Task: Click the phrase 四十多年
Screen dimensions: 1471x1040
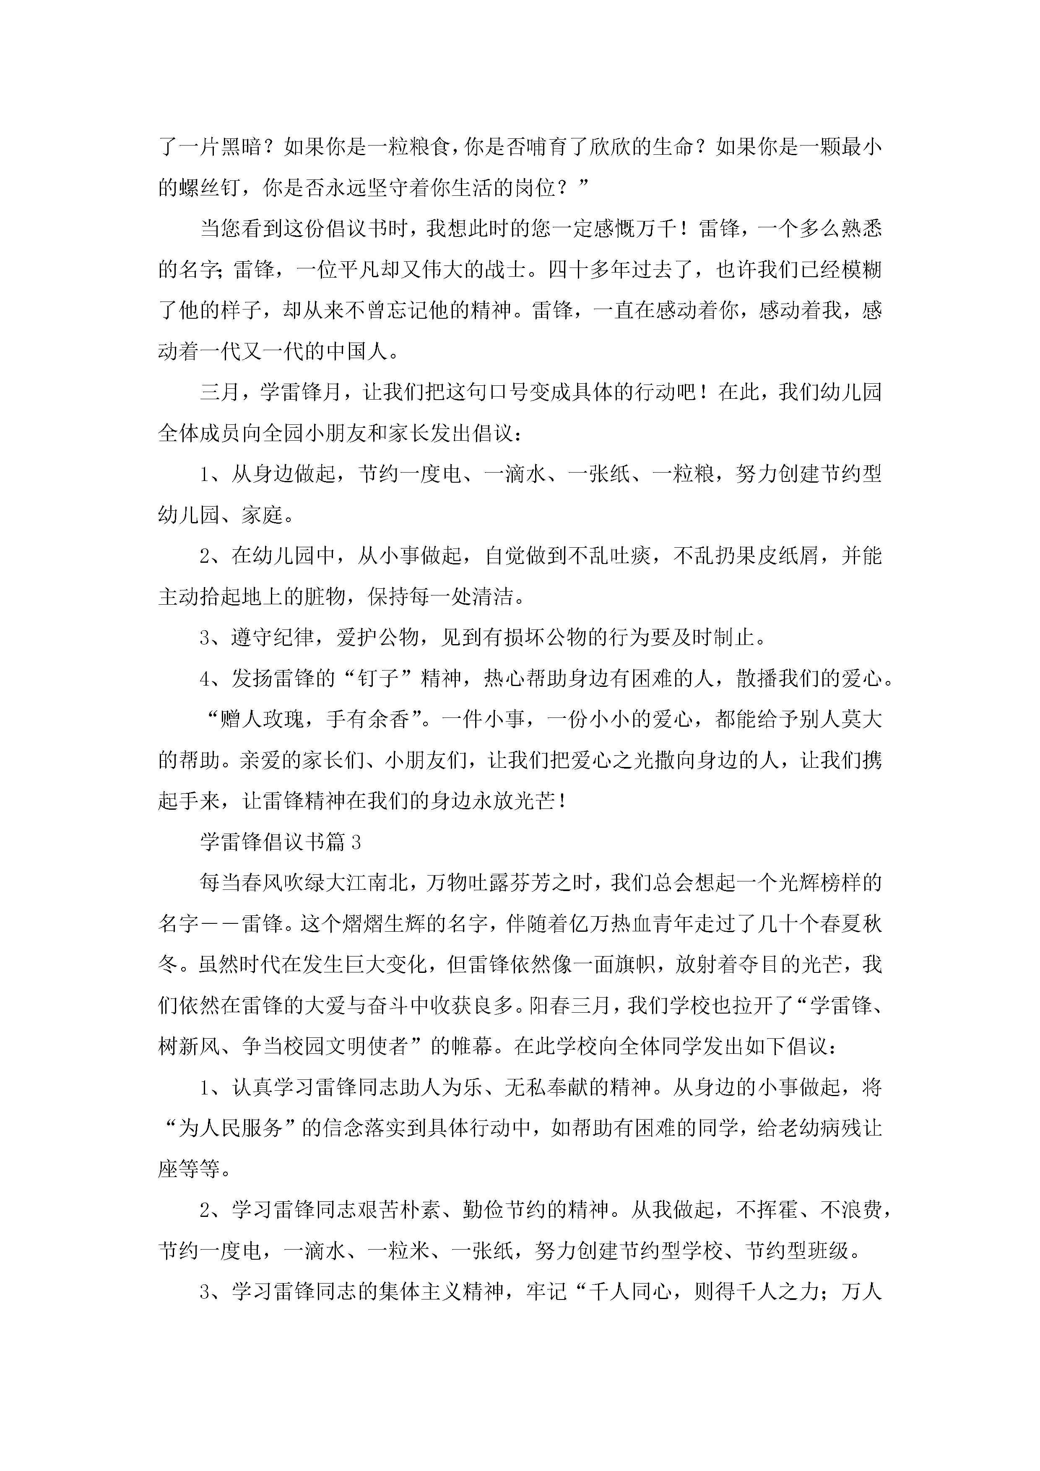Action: [x=590, y=270]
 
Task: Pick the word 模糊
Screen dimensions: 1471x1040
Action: [x=862, y=270]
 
